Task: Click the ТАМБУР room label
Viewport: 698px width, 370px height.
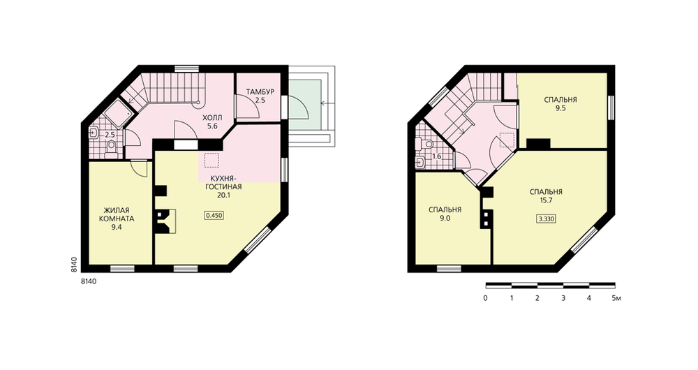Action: (260, 92)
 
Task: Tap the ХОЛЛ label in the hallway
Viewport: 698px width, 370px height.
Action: (212, 118)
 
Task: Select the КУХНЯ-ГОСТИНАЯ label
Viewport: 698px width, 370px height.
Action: (223, 182)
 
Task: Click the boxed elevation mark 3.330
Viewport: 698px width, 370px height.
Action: (547, 219)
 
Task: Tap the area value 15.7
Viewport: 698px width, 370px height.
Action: (547, 200)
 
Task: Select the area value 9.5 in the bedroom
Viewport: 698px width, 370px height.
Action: (560, 108)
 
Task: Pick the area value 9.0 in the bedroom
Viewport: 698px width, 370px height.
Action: (445, 219)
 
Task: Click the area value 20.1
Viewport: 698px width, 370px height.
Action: (224, 195)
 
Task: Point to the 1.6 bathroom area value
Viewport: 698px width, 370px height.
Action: (437, 157)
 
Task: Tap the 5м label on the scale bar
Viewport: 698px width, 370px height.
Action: (616, 298)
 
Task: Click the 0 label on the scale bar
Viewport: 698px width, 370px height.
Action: (485, 298)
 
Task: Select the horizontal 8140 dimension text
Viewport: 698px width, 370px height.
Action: (89, 281)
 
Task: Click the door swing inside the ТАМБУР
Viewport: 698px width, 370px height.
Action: (248, 107)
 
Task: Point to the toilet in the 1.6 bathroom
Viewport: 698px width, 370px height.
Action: (426, 143)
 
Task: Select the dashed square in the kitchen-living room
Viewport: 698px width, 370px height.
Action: (211, 161)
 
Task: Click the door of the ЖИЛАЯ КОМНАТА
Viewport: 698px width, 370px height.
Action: (140, 168)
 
